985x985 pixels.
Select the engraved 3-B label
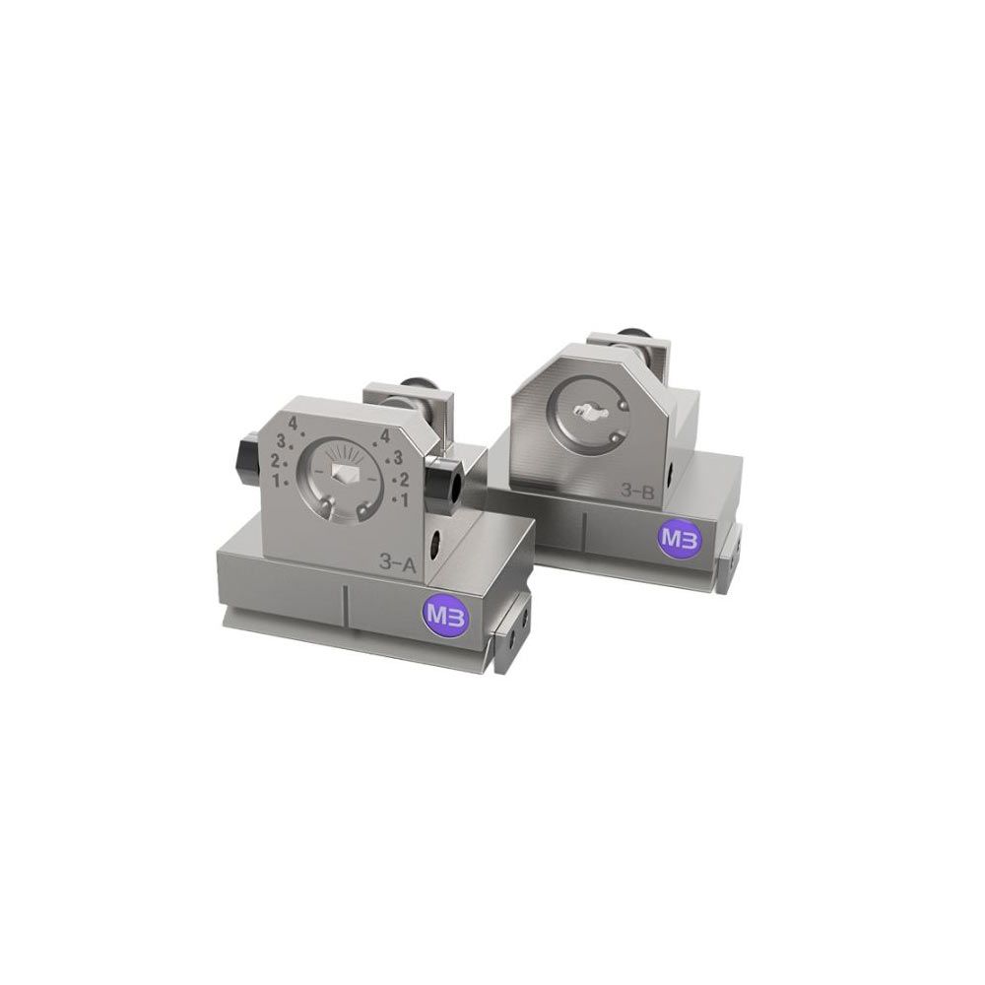coord(637,492)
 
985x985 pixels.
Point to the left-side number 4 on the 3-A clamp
coord(293,422)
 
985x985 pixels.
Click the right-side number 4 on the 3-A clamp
coord(386,435)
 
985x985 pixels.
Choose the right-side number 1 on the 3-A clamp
coord(404,500)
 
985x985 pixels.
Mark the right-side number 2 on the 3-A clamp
coord(404,481)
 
